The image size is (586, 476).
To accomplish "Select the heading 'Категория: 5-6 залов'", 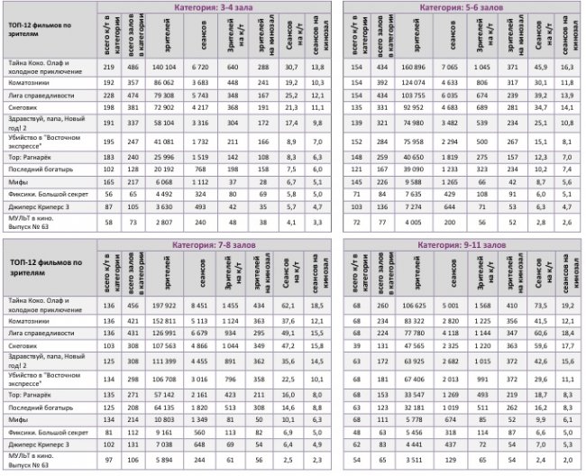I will tap(463, 7).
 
